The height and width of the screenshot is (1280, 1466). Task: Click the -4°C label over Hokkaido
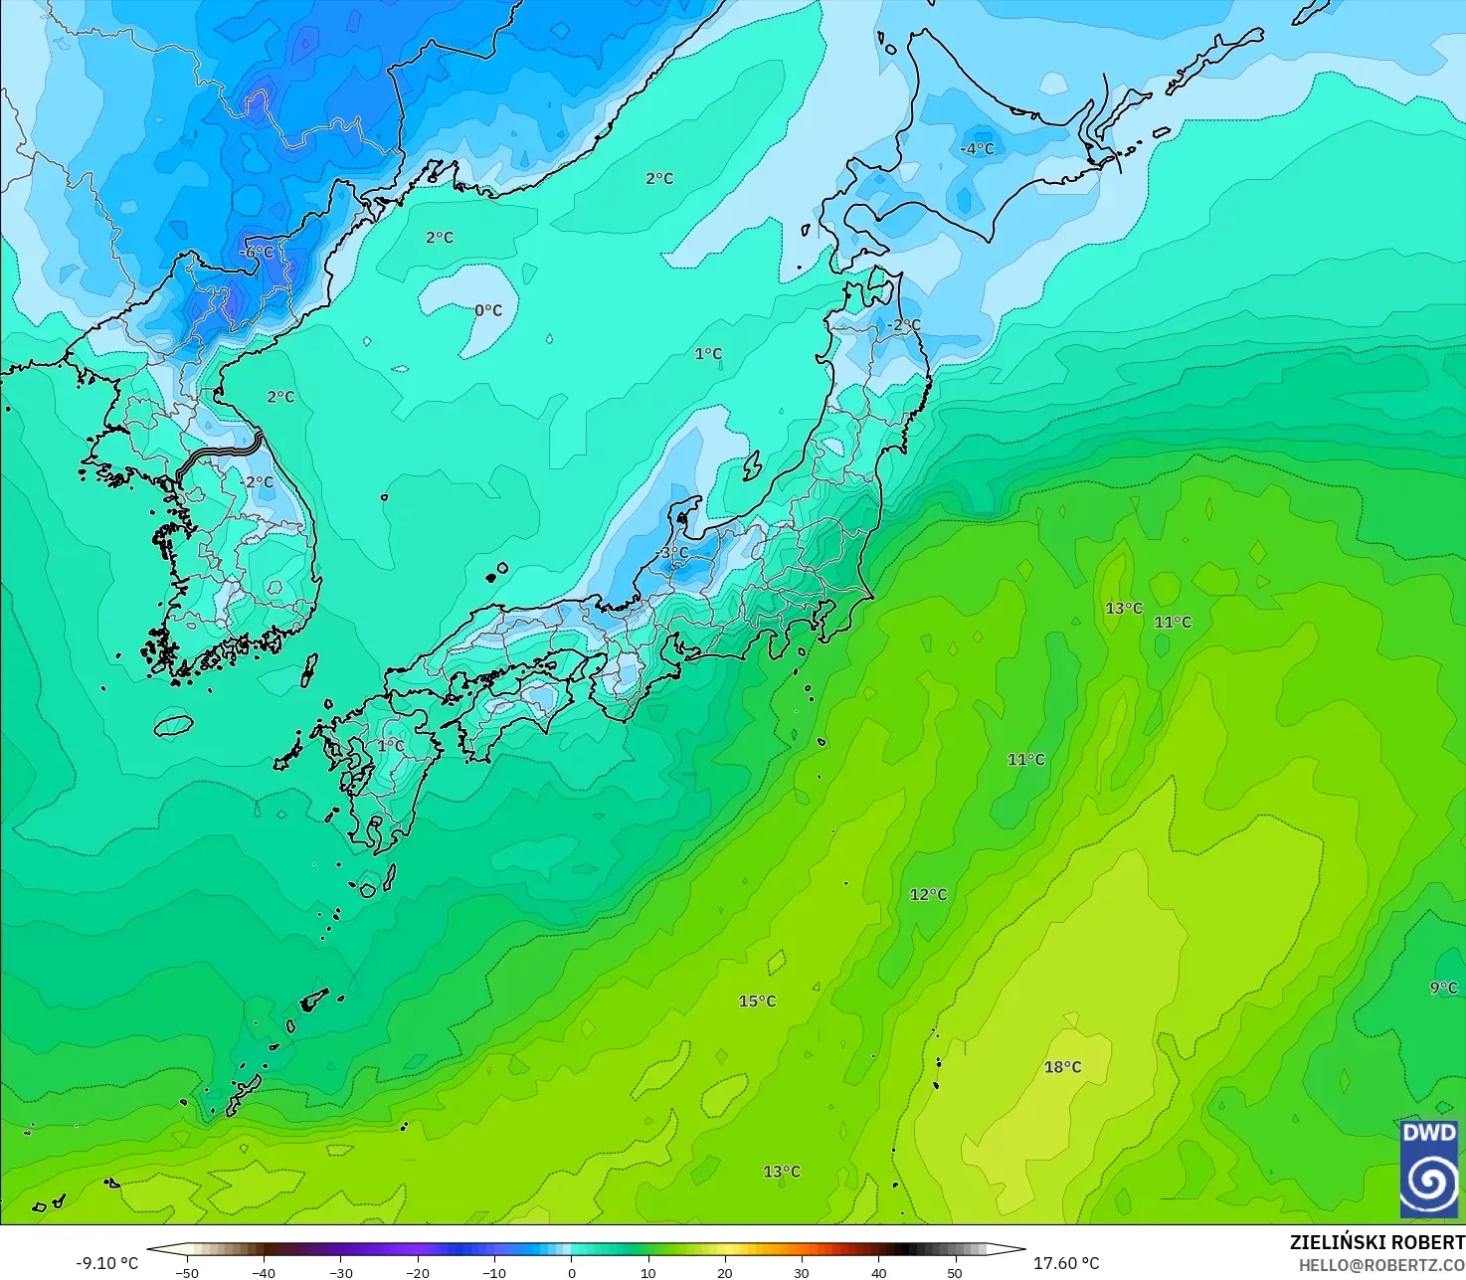pyautogui.click(x=977, y=149)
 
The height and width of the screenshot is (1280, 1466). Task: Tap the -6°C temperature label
pyautogui.click(x=257, y=253)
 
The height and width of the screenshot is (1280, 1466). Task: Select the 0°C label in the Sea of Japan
pyautogui.click(x=488, y=310)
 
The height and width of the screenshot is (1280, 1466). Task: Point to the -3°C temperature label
pyautogui.click(x=672, y=553)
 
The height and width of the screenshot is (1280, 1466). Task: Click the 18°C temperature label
pyautogui.click(x=1062, y=1067)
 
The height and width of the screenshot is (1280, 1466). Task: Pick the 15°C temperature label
pyautogui.click(x=757, y=1002)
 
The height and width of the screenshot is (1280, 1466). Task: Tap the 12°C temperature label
pyautogui.click(x=928, y=895)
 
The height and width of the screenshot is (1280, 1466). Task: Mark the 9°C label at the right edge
pyautogui.click(x=1443, y=988)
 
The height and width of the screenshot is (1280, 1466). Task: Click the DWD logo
pyautogui.click(x=1429, y=1169)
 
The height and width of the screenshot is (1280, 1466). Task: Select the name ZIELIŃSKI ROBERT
pyautogui.click(x=1376, y=1243)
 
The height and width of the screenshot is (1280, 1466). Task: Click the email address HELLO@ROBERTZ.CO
pyautogui.click(x=1381, y=1265)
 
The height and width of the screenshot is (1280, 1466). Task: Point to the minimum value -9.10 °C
pyautogui.click(x=107, y=1263)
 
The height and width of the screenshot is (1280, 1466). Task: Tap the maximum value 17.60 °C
pyautogui.click(x=1066, y=1263)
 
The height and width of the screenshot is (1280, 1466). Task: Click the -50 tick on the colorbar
pyautogui.click(x=186, y=1272)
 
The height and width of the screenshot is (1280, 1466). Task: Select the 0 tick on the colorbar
pyautogui.click(x=571, y=1272)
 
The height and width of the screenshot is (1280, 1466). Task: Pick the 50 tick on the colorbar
pyautogui.click(x=955, y=1272)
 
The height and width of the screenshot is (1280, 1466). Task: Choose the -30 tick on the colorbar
pyautogui.click(x=340, y=1272)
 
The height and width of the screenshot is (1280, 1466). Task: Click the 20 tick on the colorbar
pyautogui.click(x=725, y=1272)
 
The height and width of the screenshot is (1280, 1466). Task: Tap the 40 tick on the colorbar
pyautogui.click(x=878, y=1272)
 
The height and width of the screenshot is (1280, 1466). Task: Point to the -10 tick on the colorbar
pyautogui.click(x=494, y=1272)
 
